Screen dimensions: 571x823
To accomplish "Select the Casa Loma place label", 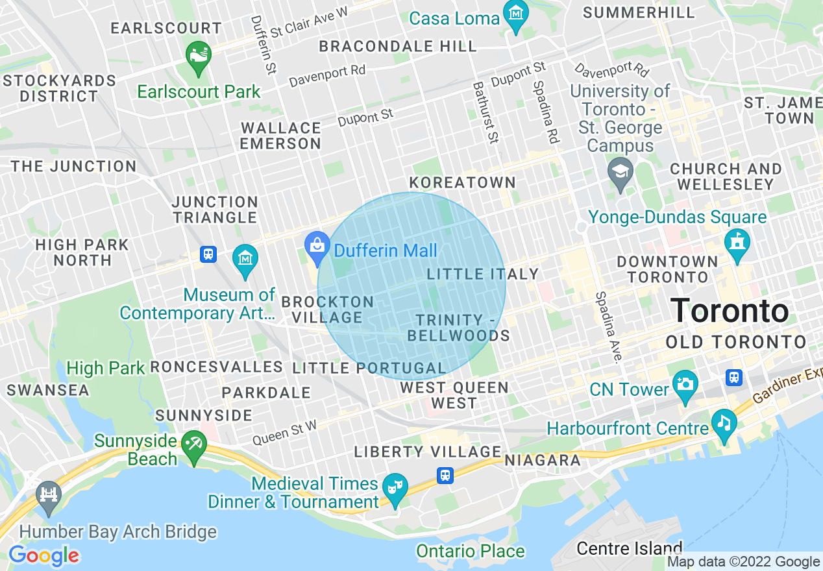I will tap(454, 18).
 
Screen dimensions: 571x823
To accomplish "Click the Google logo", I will tap(43, 556).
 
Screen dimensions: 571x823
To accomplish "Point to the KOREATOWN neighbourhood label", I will tap(462, 182).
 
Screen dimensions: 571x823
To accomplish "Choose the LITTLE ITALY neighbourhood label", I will tap(482, 274).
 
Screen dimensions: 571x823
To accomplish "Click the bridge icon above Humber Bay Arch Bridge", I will tap(48, 494).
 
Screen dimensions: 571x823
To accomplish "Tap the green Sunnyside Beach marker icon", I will tap(193, 444).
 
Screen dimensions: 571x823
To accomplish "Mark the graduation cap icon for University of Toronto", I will tap(620, 172).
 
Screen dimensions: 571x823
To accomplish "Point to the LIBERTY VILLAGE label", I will tap(427, 452).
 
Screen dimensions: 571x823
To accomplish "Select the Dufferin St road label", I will tap(264, 45).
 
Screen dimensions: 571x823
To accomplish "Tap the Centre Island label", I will tap(629, 548).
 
